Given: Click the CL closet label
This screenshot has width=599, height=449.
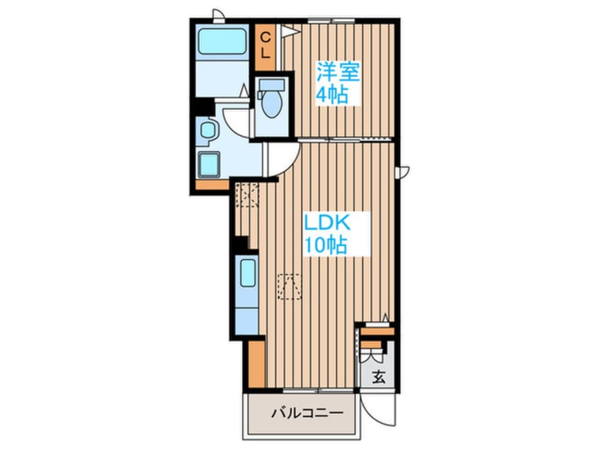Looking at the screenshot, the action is pyautogui.click(x=266, y=45).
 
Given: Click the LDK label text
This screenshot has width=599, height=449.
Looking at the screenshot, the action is pyautogui.click(x=326, y=223).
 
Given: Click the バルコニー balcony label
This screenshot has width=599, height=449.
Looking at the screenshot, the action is pyautogui.click(x=307, y=414).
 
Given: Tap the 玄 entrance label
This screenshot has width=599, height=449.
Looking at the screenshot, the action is pyautogui.click(x=379, y=377).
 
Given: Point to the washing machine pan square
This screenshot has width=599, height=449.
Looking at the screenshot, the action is pyautogui.click(x=210, y=165).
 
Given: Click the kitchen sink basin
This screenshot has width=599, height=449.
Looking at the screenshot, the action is pyautogui.click(x=248, y=273).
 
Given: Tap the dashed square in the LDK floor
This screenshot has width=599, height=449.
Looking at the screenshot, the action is pyautogui.click(x=290, y=286).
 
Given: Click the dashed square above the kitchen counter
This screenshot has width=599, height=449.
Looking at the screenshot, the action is pyautogui.click(x=247, y=195).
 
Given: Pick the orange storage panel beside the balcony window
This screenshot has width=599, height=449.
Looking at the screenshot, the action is pyautogui.click(x=256, y=364).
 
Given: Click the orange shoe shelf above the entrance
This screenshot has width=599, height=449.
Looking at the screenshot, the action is pyautogui.click(x=377, y=331).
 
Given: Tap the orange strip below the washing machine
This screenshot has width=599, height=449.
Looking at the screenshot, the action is pyautogui.click(x=212, y=186).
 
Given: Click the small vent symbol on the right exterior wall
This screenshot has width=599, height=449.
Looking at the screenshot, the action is pyautogui.click(x=403, y=171).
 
